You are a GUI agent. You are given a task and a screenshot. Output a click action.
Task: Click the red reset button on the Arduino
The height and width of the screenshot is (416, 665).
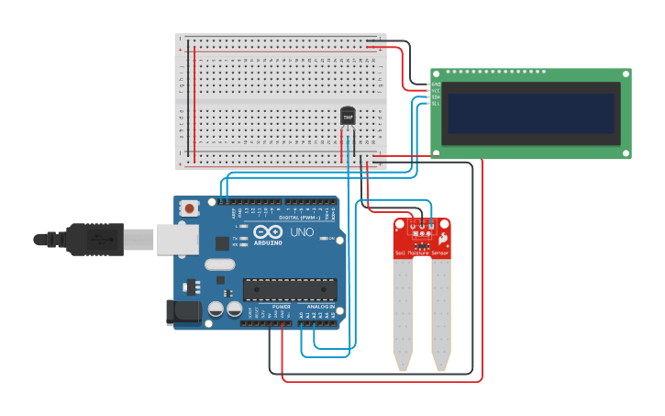pyautogui.click(x=189, y=208)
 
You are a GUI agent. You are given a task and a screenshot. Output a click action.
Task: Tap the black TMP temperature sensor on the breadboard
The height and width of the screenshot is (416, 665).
pyautogui.click(x=348, y=117)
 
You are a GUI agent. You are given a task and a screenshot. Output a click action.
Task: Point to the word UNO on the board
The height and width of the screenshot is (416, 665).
pyautogui.click(x=302, y=233)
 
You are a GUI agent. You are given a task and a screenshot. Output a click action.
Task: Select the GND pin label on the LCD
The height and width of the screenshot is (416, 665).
pyautogui.click(x=436, y=84)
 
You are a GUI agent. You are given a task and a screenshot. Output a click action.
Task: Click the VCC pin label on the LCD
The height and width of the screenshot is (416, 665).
pyautogui.click(x=436, y=90)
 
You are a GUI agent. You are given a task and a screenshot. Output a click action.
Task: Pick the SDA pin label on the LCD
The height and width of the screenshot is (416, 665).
pyautogui.click(x=436, y=96)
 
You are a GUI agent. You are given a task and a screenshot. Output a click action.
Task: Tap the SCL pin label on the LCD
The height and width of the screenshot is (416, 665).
pyautogui.click(x=436, y=103)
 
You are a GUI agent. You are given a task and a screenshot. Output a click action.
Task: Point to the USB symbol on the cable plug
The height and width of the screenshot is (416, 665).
pyautogui.click(x=100, y=240)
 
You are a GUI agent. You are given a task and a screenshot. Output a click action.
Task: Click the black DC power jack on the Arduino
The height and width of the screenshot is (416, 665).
pyautogui.click(x=184, y=312)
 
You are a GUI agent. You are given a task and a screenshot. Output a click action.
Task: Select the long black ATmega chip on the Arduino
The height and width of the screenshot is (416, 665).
pyautogui.click(x=289, y=289)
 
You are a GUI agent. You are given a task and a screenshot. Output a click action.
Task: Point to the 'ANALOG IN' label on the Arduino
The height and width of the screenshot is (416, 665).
pyautogui.click(x=321, y=307)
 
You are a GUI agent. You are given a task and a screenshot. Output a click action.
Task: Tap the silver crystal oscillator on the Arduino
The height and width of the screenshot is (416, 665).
pyautogui.click(x=220, y=264)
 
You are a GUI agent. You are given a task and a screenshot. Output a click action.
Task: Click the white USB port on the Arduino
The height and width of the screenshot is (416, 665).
pyautogui.click(x=177, y=240)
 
